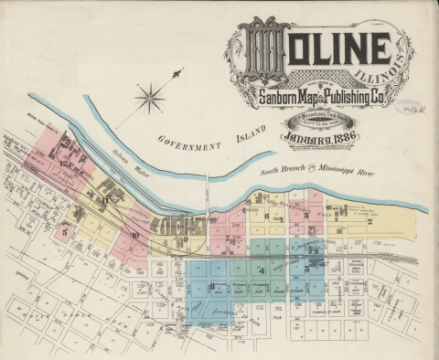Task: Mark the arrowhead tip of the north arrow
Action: (179, 70)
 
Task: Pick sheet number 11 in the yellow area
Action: (104, 198)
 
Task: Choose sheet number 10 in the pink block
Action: (134, 236)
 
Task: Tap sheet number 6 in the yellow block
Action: (266, 217)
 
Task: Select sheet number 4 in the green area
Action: (262, 271)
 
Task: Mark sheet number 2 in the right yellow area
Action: (369, 220)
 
